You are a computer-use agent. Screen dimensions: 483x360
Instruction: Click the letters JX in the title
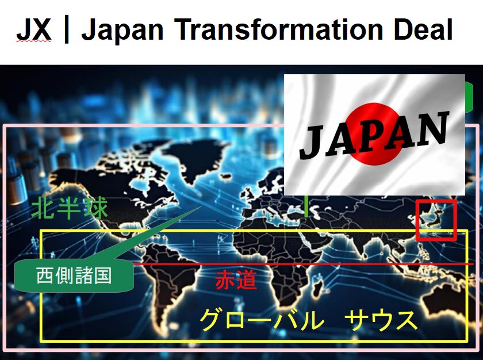click(x=33, y=29)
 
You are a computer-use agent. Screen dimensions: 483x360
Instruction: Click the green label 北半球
click(x=70, y=209)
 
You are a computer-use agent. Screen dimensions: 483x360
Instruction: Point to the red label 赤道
click(x=236, y=280)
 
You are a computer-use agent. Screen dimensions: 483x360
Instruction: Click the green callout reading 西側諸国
click(x=74, y=275)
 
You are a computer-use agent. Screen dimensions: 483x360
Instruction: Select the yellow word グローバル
click(x=262, y=320)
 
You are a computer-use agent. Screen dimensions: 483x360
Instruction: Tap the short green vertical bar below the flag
click(x=306, y=206)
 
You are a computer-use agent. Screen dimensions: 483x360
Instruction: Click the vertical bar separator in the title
click(x=66, y=30)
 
